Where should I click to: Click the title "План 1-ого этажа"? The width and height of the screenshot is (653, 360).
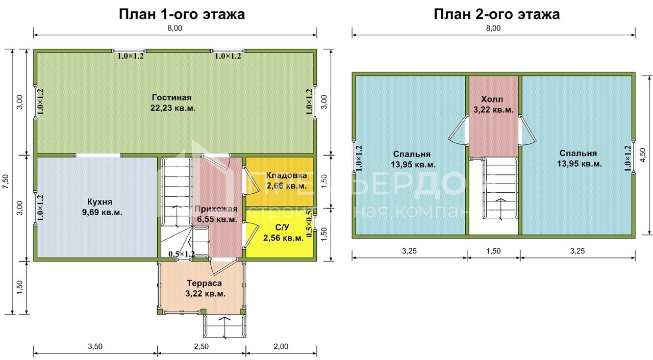[x=182, y=14]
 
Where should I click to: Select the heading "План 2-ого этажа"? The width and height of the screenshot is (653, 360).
[x=496, y=14]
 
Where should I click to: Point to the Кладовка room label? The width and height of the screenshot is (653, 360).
[x=286, y=181]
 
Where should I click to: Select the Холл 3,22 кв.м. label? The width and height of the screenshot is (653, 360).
[x=493, y=104]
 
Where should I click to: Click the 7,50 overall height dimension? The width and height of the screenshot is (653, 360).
[x=6, y=181]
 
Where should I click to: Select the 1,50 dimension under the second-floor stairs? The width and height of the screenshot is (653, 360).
[x=493, y=251]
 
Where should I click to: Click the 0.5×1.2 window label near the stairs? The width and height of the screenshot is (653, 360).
[x=182, y=254]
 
